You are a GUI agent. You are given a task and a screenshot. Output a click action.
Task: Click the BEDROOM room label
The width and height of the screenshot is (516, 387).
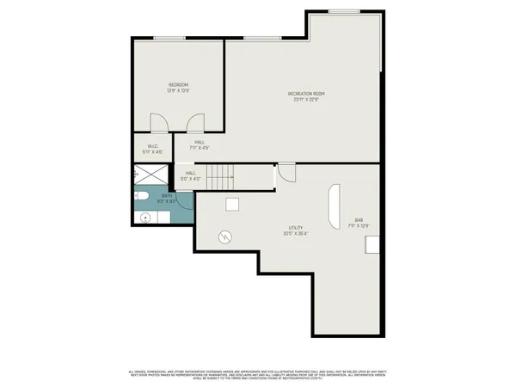[178, 84]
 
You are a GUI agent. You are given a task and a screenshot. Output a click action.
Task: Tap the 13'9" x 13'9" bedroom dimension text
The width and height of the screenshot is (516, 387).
[178, 90]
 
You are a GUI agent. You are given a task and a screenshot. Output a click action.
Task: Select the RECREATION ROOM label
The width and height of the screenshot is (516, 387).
[306, 93]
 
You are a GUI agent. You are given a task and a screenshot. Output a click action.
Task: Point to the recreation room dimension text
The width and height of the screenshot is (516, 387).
[306, 99]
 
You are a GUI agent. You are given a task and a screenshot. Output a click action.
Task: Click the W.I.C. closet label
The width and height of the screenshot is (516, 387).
[152, 145]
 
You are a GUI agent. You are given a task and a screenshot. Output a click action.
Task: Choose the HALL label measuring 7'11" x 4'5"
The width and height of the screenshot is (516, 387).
[200, 142]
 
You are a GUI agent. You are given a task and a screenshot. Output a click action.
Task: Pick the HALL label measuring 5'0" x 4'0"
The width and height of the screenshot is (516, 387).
[190, 173]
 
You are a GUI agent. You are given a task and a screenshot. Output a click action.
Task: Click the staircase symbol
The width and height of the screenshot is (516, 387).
[221, 177]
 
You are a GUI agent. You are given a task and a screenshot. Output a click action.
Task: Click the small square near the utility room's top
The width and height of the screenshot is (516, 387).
[232, 204]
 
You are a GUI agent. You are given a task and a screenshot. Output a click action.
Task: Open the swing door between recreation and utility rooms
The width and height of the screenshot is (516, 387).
[286, 173]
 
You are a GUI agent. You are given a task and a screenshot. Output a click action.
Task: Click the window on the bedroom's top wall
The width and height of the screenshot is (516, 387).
[169, 37]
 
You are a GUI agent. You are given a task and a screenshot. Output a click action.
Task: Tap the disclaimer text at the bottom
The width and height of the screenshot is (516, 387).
[258, 375]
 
